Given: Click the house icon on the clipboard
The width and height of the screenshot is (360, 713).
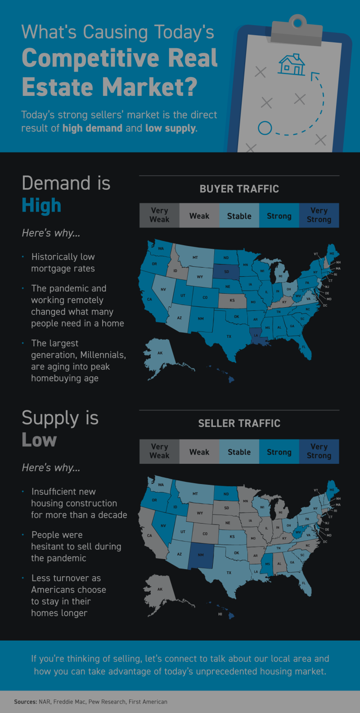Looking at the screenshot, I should click(292, 64).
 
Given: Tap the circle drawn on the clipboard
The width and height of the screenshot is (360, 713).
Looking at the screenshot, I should click(265, 128).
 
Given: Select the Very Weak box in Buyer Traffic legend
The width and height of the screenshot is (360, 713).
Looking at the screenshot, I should click(159, 215).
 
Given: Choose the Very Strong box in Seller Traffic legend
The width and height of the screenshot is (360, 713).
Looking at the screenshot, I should click(319, 451).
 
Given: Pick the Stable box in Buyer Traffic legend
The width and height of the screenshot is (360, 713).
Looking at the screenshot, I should click(239, 216).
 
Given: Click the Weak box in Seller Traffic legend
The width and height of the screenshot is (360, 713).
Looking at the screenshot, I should click(199, 452).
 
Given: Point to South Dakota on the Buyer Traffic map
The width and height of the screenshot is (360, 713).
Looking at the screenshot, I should click(226, 271).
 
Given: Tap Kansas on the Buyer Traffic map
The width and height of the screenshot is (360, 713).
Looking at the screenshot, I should click(232, 300).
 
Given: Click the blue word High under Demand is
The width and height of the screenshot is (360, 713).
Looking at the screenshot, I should click(41, 206).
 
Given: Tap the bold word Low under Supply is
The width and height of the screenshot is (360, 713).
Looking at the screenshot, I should click(39, 440).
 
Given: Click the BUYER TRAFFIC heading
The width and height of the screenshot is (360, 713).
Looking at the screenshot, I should click(239, 189).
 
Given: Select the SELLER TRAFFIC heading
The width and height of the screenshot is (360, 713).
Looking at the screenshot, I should click(239, 423).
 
